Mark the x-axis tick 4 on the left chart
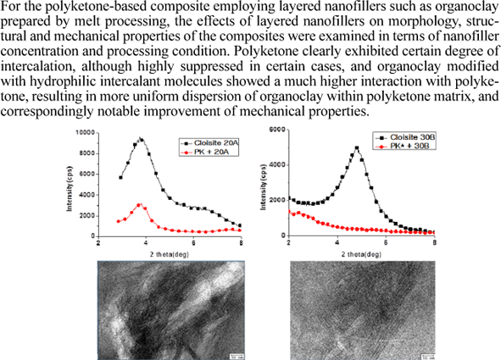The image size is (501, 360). pyautogui.click(x=148, y=243)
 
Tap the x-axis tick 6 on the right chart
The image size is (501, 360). pyautogui.click(x=386, y=243)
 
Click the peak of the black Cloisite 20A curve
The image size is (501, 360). pyautogui.click(x=141, y=139)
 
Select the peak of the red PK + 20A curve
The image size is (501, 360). pyautogui.click(x=141, y=204)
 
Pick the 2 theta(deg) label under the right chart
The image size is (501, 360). pyautogui.click(x=362, y=252)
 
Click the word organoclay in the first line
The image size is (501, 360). pyautogui.click(x=463, y=8)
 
